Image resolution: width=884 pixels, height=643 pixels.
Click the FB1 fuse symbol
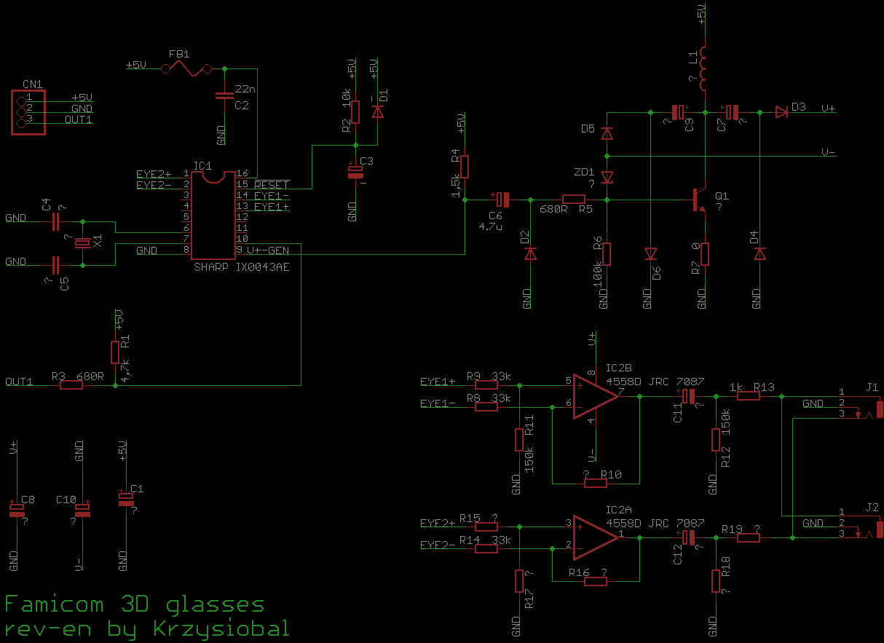point(186,69)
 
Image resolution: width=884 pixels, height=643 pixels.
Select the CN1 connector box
point(28,111)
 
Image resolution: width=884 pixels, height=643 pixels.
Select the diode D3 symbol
point(782,112)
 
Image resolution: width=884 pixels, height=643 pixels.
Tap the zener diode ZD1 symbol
point(607,177)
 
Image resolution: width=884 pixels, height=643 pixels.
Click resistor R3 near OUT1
point(71,384)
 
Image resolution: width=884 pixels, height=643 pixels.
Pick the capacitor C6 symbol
point(502,199)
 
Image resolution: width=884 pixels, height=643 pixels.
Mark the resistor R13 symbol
point(749,396)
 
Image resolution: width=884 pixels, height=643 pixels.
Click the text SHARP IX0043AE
point(241,267)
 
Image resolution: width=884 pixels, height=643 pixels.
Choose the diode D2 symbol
point(530,253)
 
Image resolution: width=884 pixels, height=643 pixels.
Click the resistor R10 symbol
point(596,483)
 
